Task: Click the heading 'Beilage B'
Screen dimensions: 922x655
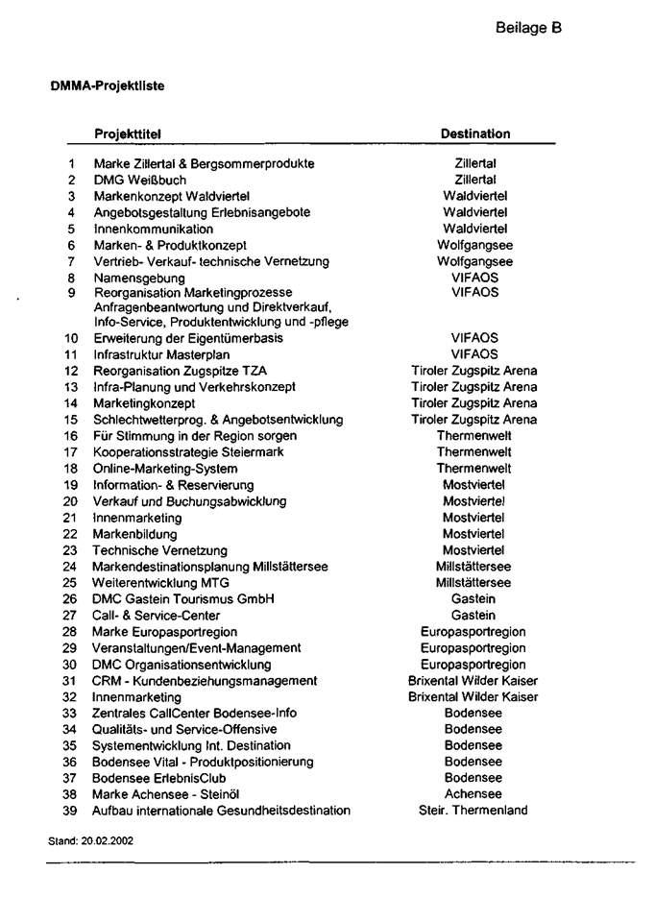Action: pyautogui.click(x=528, y=28)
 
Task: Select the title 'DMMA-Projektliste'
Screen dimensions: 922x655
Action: pyautogui.click(x=107, y=85)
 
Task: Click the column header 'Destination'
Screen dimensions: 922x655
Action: pyautogui.click(x=474, y=133)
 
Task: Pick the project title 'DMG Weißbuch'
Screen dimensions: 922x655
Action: pyautogui.click(x=140, y=180)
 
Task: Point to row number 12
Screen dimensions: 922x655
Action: pyautogui.click(x=71, y=371)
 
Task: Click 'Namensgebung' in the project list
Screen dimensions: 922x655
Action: pyautogui.click(x=138, y=278)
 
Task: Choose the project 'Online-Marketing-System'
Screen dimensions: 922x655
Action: pyautogui.click(x=164, y=468)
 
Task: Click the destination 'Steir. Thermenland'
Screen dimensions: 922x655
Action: pyautogui.click(x=473, y=811)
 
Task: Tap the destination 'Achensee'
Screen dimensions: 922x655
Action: pyautogui.click(x=473, y=794)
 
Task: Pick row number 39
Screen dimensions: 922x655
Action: pyautogui.click(x=70, y=811)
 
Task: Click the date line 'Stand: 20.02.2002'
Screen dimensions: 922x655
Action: pyautogui.click(x=91, y=839)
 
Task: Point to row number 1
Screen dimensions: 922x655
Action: pyautogui.click(x=72, y=164)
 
